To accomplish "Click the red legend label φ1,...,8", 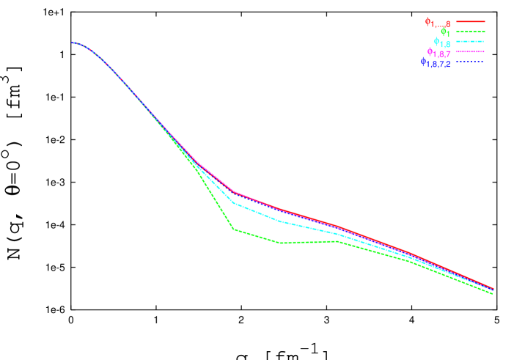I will [438, 23].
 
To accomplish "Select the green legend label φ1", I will [444, 33].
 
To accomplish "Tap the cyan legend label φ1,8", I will [441, 43].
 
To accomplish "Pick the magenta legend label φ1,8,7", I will [438, 53].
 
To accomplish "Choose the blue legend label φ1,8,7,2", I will [436, 63].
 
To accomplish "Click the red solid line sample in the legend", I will [471, 22].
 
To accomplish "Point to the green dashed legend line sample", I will [471, 32].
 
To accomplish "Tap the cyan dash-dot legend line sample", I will [471, 43].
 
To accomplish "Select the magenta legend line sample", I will [471, 52].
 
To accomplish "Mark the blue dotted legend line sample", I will [471, 62].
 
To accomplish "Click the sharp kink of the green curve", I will [234, 229].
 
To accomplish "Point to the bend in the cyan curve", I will [234, 202].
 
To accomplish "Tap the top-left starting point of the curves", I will [73, 43].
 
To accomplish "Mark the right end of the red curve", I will [493, 288].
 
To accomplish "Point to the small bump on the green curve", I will [337, 241].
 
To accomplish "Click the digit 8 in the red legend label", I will [448, 25].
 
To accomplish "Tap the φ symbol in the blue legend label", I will [423, 62].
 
